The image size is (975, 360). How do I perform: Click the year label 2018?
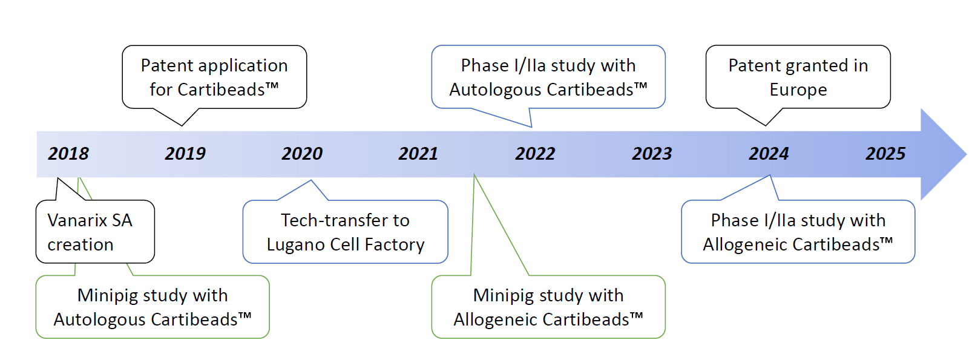pyautogui.click(x=68, y=154)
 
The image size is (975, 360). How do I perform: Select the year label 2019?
pyautogui.click(x=185, y=154)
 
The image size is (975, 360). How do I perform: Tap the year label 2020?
pyautogui.click(x=302, y=154)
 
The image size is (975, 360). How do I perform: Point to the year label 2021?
pyautogui.click(x=418, y=154)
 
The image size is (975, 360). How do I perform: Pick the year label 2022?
pyautogui.click(x=536, y=154)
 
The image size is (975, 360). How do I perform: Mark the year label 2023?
pyautogui.click(x=652, y=154)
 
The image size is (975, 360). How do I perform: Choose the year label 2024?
pyautogui.click(x=769, y=154)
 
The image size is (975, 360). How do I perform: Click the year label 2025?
pyautogui.click(x=885, y=154)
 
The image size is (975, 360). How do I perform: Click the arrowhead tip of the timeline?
pyautogui.click(x=967, y=154)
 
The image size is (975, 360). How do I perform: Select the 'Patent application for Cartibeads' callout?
pyautogui.click(x=214, y=77)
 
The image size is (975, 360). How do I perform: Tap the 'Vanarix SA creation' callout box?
pyautogui.click(x=95, y=232)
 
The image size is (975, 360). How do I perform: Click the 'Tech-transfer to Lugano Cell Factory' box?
pyautogui.click(x=345, y=232)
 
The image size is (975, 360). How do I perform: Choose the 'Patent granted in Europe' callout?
pyautogui.click(x=798, y=77)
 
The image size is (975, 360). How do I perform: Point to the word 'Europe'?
pyautogui.click(x=798, y=90)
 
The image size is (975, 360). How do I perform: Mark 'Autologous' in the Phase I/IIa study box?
pyautogui.click(x=495, y=90)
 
